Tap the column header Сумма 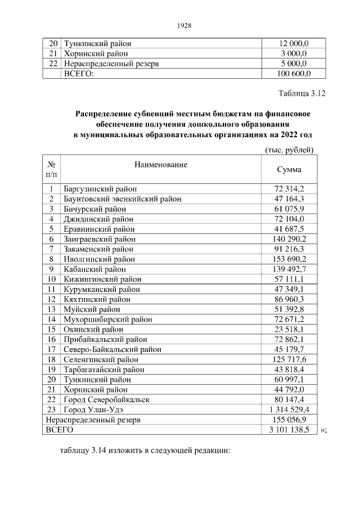pyautogui.click(x=289, y=169)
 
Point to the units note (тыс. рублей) pyautogui.click(x=289, y=149)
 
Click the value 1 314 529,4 pyautogui.click(x=289, y=409)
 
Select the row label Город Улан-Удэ pyautogui.click(x=92, y=409)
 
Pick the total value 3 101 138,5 pyautogui.click(x=289, y=429)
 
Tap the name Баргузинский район pyautogui.click(x=100, y=188)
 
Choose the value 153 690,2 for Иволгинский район pyautogui.click(x=289, y=259)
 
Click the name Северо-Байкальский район pyautogui.click(x=105, y=349)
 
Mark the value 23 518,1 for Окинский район pyautogui.click(x=289, y=329)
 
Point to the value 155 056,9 pyautogui.click(x=289, y=420)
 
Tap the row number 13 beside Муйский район pyautogui.click(x=51, y=309)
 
